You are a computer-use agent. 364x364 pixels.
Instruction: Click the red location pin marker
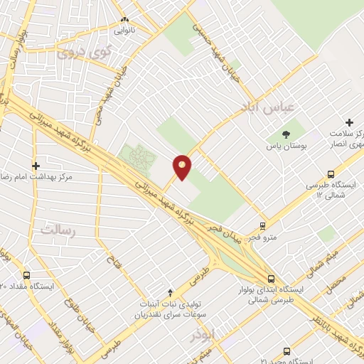point(182,166)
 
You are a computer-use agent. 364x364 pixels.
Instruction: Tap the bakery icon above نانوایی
point(125,20)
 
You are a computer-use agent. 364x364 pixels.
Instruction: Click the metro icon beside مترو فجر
point(263,226)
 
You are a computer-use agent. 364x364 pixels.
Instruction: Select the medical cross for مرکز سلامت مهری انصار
point(349,123)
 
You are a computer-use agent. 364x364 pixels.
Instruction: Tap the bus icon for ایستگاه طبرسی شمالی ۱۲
point(331,173)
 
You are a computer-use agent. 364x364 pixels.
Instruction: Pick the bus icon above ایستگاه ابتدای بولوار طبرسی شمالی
point(270,279)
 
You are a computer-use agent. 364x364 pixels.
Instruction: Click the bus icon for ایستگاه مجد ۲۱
point(287,351)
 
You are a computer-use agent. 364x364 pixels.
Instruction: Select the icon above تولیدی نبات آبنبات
point(169,292)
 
